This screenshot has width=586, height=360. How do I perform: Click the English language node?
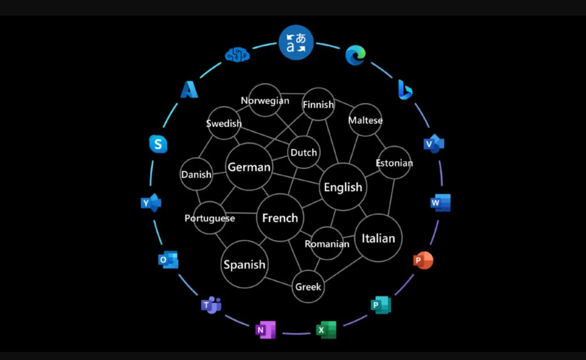coord(343,187)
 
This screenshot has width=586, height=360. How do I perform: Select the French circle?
coord(280,218)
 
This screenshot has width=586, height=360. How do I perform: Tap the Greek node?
coord(308,286)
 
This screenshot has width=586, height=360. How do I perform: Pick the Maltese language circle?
coord(365,120)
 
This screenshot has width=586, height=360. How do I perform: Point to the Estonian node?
coord(394,162)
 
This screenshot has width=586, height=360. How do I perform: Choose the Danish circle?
coord(196,174)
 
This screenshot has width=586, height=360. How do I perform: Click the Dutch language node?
coord(304,152)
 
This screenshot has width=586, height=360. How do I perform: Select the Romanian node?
coord(327,243)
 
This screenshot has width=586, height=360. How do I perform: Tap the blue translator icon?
coord(296,43)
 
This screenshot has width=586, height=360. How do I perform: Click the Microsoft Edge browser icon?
coord(355,55)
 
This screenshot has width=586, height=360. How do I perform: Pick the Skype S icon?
coord(158,144)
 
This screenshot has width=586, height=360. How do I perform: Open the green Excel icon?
coord(326,330)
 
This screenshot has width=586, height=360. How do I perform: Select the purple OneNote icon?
coord(265,330)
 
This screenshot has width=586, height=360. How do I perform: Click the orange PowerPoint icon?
coord(423,260)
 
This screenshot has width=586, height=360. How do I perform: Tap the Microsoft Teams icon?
coord(211,305)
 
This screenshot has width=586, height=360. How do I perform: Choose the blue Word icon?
coord(440,203)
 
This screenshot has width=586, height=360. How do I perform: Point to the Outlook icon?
coord(168,260)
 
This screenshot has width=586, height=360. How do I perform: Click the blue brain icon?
coord(237,54)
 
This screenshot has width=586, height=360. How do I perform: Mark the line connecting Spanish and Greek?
coord(279,282)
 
